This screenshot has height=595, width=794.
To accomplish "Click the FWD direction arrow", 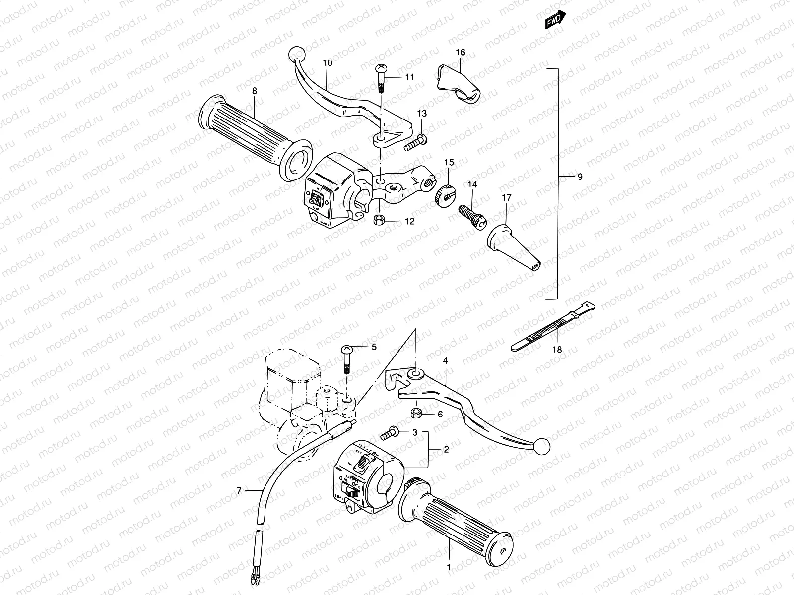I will [555, 19].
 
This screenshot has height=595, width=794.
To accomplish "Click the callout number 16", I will [460, 52].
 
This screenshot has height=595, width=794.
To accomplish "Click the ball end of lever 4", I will [543, 445].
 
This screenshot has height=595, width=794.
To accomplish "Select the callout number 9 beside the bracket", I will [580, 177].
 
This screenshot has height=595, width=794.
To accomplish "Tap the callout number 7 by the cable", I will [239, 491].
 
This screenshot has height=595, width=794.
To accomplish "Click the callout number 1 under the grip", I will [449, 566].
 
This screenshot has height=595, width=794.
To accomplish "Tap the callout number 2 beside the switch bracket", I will [446, 450].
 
